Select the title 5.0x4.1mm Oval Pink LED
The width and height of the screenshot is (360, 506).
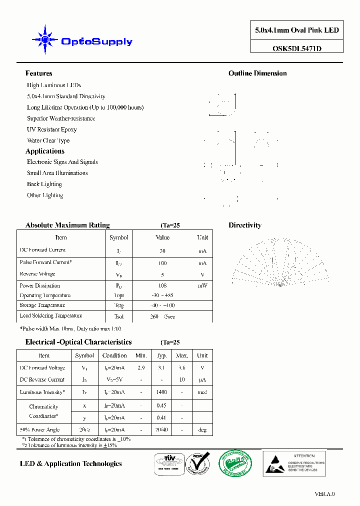296,30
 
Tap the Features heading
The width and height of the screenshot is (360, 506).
38,73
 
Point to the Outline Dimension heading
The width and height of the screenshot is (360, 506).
257,73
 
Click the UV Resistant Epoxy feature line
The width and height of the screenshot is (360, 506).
52,129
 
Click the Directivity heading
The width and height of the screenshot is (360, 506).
245,225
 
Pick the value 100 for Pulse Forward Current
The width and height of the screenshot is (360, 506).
162,263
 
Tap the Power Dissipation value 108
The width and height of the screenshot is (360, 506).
162,286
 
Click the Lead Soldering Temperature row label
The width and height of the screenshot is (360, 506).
50,316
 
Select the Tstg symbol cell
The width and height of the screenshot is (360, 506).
118,305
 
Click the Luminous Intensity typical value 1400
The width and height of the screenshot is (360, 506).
161,392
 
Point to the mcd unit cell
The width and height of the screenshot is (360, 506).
202,392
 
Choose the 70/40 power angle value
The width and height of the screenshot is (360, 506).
161,430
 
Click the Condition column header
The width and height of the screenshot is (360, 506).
114,355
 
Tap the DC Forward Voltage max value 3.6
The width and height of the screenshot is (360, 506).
182,368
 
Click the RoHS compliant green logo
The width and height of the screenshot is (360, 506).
236,463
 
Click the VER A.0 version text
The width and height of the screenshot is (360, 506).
324,494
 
